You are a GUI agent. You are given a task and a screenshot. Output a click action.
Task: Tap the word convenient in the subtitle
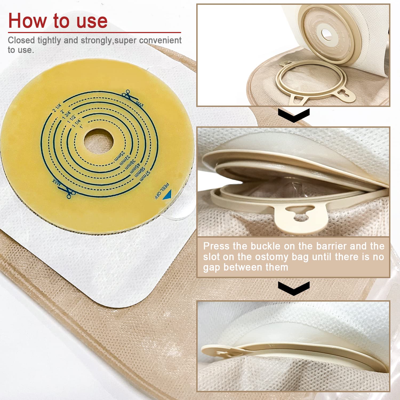(x=160, y=40)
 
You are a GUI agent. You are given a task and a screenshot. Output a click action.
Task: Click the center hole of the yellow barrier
(x=98, y=141)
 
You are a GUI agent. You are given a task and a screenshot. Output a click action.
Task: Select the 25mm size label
(x=119, y=156)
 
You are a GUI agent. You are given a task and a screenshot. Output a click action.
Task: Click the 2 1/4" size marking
(x=57, y=107)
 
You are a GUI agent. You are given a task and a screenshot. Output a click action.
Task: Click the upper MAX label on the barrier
(x=140, y=104)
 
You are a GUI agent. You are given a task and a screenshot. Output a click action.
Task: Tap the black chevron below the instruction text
(x=294, y=288)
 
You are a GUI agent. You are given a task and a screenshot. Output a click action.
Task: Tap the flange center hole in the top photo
(x=327, y=34)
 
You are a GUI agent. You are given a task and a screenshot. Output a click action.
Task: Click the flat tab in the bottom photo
(x=219, y=351)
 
